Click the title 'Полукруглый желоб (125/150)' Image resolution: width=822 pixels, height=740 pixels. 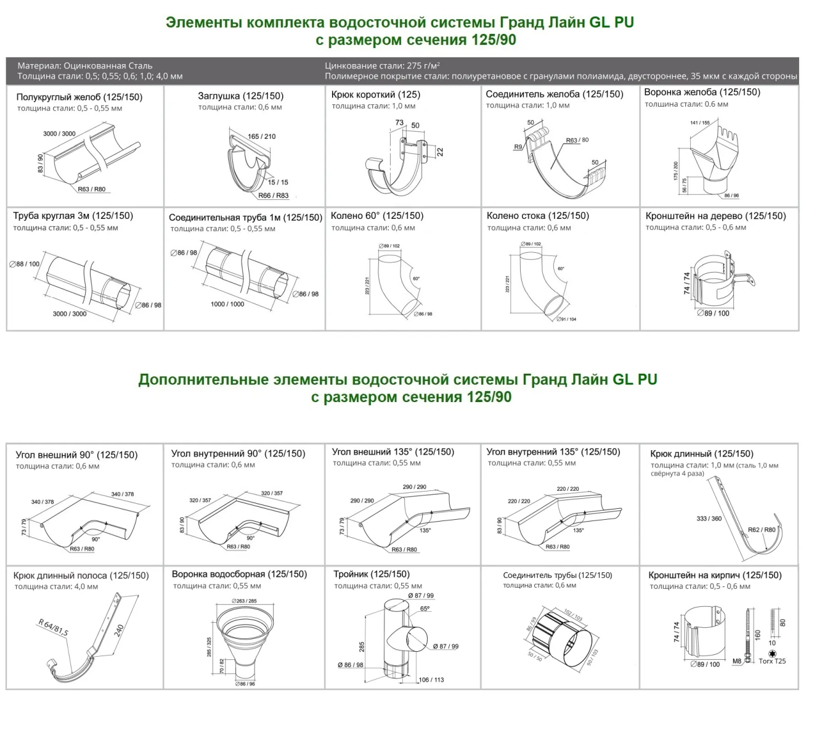coord(79,97)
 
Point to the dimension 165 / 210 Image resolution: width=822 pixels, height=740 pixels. coord(262,136)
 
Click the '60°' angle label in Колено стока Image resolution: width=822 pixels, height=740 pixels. coord(561,269)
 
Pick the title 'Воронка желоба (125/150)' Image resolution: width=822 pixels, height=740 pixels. coord(702,92)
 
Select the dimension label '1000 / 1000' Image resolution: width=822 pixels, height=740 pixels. coord(227,304)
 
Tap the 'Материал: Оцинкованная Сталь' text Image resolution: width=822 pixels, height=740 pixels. coord(85,65)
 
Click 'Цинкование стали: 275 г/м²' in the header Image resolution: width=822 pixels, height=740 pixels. coord(382,65)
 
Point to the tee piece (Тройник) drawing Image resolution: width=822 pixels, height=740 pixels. coord(401,638)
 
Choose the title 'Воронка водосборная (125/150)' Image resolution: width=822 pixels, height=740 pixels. coord(239,574)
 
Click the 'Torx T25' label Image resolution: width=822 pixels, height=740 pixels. coord(772,661)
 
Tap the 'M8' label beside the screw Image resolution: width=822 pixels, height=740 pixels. coord(737,661)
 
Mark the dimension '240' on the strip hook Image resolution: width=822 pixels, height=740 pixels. coord(119,630)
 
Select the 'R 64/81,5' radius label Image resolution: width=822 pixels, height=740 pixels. coord(54,628)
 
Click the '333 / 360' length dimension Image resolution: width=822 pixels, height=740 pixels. coord(709,519)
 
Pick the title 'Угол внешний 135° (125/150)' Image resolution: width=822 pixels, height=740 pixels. coord(393,452)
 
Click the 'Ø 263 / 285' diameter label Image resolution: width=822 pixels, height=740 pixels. coord(245,601)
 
